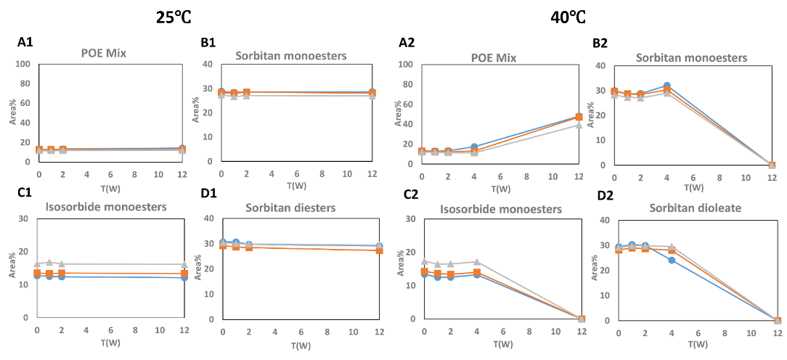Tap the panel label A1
pyautogui.click(x=25, y=44)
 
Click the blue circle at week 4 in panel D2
pyautogui.click(x=672, y=260)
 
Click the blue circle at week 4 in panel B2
pyautogui.click(x=667, y=86)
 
